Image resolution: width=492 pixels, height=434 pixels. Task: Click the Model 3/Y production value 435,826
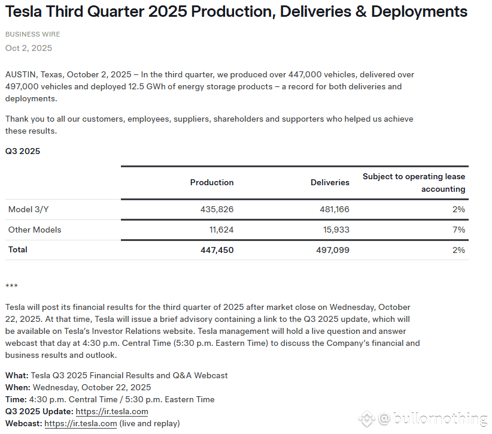click(x=217, y=210)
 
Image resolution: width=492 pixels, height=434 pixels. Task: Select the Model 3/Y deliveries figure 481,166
click(x=332, y=210)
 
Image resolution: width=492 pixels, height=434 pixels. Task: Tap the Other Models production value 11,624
click(x=219, y=230)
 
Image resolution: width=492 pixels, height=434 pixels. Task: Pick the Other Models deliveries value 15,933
click(x=335, y=230)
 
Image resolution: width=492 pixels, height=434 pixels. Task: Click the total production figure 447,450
click(x=217, y=250)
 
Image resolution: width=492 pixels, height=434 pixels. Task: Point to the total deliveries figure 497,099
click(x=332, y=250)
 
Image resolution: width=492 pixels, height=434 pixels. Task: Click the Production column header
click(x=212, y=182)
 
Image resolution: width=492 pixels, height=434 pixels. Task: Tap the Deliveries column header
click(x=330, y=182)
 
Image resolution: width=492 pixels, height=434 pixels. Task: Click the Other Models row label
click(x=35, y=230)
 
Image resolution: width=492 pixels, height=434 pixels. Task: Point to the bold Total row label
click(x=17, y=249)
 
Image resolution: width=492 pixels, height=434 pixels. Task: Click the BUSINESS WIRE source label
click(x=33, y=34)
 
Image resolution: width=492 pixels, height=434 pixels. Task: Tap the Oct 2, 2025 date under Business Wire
click(x=29, y=48)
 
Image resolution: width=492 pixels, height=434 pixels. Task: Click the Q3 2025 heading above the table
click(x=23, y=151)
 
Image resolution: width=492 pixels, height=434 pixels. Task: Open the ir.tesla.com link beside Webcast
click(x=81, y=423)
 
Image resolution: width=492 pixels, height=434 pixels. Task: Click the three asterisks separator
click(x=11, y=286)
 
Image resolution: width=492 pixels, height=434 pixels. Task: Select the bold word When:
click(x=17, y=387)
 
